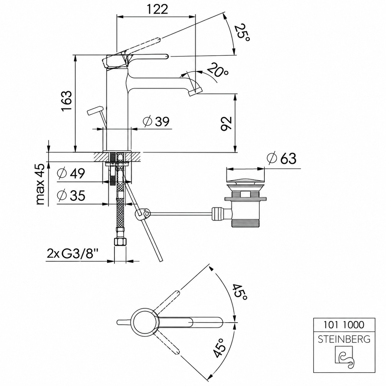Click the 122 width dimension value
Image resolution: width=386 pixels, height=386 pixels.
[x=157, y=9]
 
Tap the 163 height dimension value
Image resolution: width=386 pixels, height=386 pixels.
[x=67, y=100]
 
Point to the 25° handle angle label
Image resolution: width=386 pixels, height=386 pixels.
[x=243, y=33]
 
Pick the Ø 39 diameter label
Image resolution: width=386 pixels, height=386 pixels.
[x=156, y=121]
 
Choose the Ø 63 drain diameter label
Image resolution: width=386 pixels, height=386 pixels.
[x=281, y=159]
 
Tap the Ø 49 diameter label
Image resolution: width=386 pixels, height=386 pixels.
[x=71, y=173]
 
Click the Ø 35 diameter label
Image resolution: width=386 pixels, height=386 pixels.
[x=71, y=195]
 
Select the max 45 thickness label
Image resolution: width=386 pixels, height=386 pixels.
[x=40, y=184]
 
